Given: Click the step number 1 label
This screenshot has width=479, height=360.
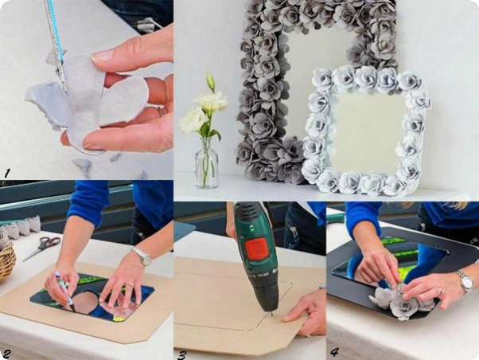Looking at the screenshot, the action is (6, 174).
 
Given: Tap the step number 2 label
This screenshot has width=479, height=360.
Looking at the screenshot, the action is (6, 354).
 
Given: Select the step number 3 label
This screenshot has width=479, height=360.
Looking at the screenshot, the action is (181, 355).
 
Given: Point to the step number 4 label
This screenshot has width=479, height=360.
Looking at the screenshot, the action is (335, 352).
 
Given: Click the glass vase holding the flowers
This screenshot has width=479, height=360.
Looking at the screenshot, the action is (207, 162).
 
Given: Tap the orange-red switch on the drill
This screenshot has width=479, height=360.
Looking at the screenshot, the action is (256, 251).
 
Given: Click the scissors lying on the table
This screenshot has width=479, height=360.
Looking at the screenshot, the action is (42, 247).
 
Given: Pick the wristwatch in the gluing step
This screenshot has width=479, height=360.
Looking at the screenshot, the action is (465, 282).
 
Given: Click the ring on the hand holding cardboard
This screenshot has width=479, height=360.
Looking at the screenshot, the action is (160, 110).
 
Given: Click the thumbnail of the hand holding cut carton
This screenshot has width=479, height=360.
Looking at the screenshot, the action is (103, 56).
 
